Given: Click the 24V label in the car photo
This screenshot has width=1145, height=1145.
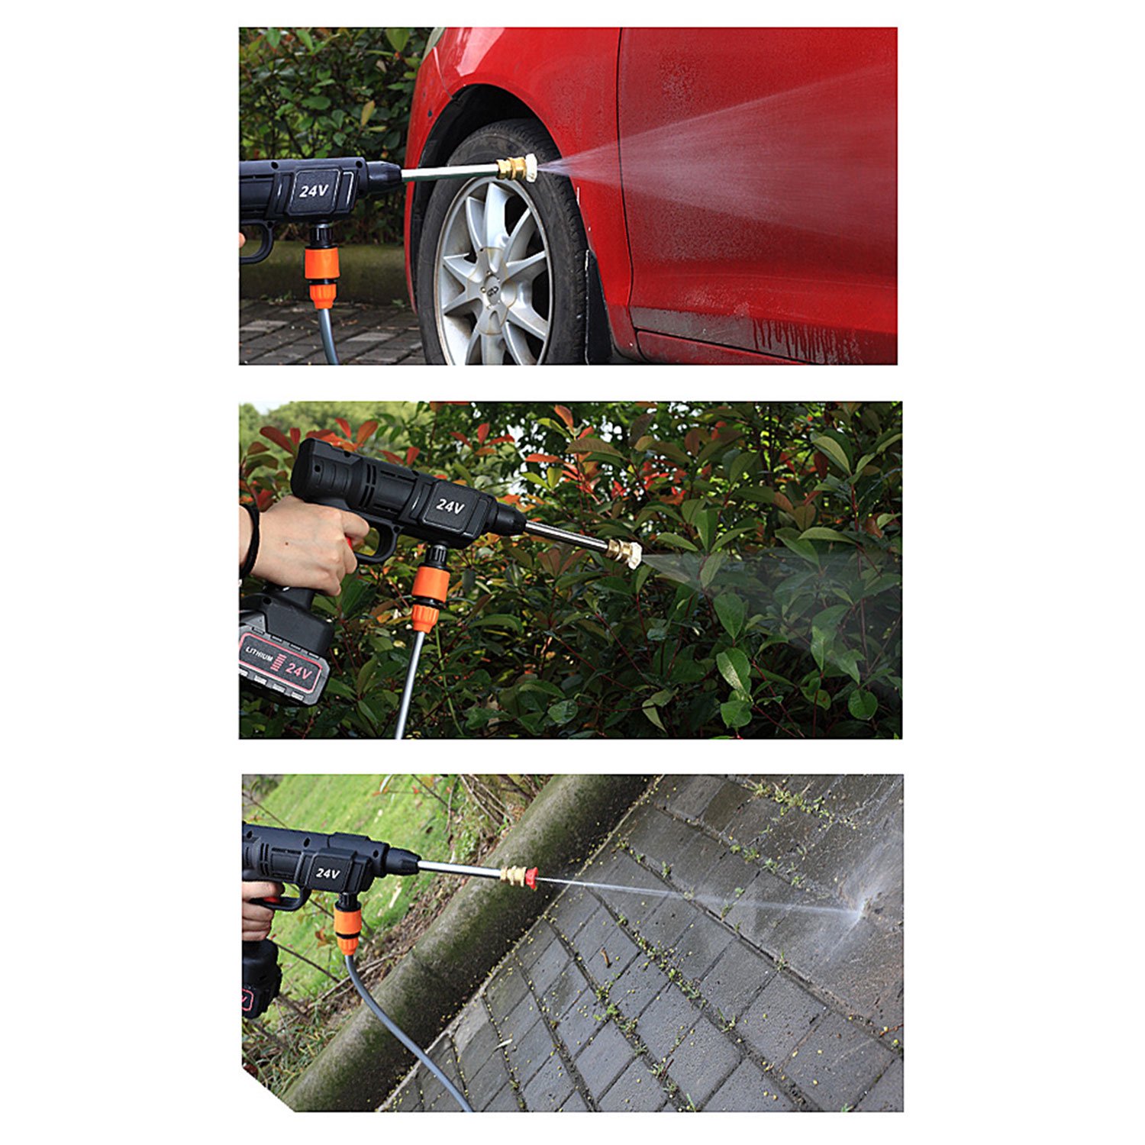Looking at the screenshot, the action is tap(313, 190).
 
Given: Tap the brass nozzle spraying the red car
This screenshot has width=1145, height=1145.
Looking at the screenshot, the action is tap(517, 167).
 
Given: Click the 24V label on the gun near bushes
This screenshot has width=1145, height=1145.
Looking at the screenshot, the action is tap(450, 506).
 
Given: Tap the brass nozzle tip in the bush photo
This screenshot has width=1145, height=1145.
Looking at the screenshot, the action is tap(624, 551).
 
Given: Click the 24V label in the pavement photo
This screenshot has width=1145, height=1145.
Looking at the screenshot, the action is tap(327, 873).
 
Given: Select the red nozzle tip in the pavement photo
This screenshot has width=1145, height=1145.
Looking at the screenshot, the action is tap(529, 878).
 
